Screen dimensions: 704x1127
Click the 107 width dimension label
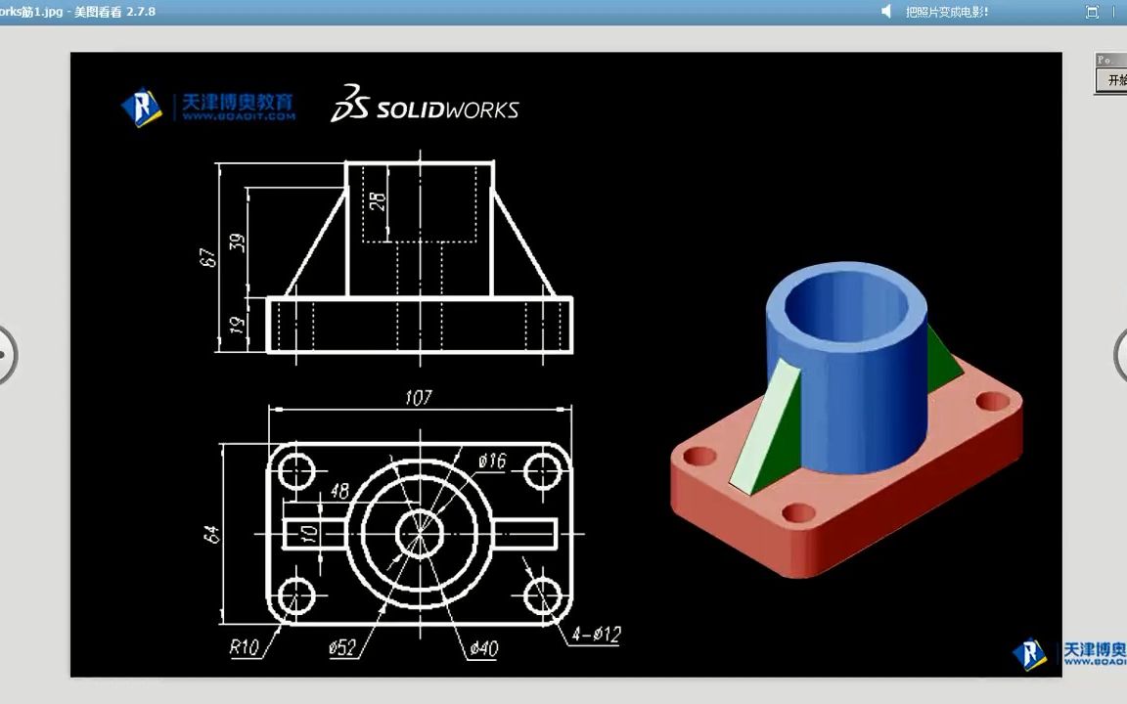418,398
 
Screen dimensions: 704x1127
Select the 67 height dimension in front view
206,257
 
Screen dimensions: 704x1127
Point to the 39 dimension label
237,241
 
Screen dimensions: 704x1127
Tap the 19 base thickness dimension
237,325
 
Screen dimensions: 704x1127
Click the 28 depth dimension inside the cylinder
378,201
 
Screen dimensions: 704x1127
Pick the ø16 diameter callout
492,461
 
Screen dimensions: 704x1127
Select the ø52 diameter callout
342,646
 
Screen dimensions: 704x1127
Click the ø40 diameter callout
483,647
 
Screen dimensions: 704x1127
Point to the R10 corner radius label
245,646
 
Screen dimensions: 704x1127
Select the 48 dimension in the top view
339,492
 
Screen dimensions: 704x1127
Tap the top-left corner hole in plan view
295,472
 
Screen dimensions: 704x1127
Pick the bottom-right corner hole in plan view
541,594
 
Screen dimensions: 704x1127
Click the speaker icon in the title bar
886,12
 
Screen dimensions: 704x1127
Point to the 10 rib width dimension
309,533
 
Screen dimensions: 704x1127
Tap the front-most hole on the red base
798,511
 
